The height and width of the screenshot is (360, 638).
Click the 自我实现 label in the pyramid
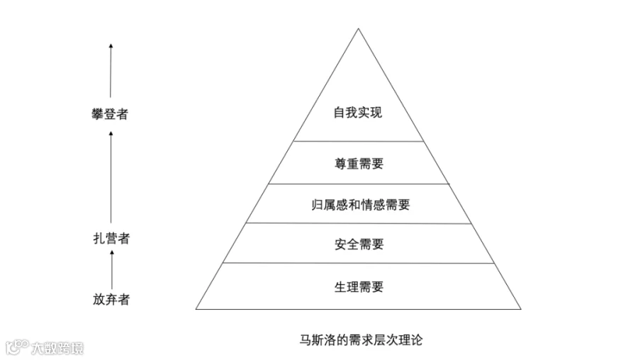358,113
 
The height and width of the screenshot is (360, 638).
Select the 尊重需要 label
358,164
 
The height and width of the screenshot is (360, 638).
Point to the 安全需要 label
358,244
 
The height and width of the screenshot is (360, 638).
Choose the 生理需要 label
358,287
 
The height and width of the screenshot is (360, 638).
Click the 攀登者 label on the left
111,113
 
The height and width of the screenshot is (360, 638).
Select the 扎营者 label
111,238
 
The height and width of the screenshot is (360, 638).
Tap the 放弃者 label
111,299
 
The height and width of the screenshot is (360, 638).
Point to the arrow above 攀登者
111,71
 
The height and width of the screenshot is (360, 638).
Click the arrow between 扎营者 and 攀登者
111,177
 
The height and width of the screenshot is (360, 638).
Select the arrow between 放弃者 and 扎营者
111,269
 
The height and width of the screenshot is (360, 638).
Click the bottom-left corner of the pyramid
197,308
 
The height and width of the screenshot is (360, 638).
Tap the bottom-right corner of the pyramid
520,308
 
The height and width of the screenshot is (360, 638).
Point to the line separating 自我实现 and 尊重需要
359,141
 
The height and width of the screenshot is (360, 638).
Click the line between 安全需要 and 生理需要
359,263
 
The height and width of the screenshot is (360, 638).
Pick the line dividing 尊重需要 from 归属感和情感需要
359,184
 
